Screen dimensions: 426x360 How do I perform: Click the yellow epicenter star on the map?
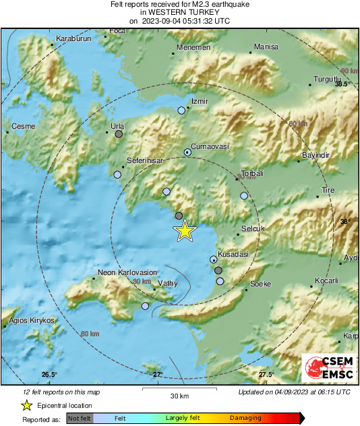[x=185, y=231]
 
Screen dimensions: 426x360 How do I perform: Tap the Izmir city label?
[x=200, y=101]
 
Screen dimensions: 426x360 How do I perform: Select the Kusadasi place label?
[x=232, y=254]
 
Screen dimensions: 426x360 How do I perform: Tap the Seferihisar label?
[x=145, y=161]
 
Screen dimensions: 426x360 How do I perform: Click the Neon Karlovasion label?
[x=127, y=272]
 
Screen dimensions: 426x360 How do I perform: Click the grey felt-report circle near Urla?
[x=119, y=134]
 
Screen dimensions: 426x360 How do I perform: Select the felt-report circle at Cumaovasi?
[x=188, y=152]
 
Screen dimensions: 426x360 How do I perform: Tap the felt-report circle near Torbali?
[x=244, y=195]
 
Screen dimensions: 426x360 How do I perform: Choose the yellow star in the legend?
[x=26, y=405]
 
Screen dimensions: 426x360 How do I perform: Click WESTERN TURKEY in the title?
[x=179, y=12]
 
